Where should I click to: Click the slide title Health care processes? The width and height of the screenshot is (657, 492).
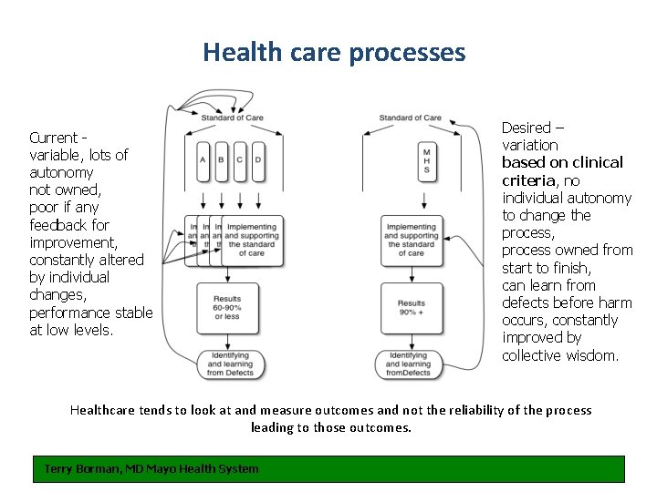[334, 52]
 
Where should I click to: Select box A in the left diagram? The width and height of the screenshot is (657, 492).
[203, 160]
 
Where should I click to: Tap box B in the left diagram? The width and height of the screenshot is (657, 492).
[221, 160]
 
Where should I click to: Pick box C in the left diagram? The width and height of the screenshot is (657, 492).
[239, 160]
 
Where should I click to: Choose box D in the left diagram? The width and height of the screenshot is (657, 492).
[258, 160]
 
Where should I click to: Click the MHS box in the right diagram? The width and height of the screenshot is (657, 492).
[426, 160]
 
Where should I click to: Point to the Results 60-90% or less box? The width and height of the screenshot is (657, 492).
[227, 308]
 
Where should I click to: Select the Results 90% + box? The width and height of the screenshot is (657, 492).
[411, 308]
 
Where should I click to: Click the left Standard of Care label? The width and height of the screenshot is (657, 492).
[232, 118]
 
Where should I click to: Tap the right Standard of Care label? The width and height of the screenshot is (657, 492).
[410, 118]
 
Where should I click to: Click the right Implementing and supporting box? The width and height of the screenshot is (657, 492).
[411, 240]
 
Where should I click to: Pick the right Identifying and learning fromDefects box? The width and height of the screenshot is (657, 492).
[409, 364]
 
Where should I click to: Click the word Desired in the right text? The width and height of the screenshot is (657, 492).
[527, 128]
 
